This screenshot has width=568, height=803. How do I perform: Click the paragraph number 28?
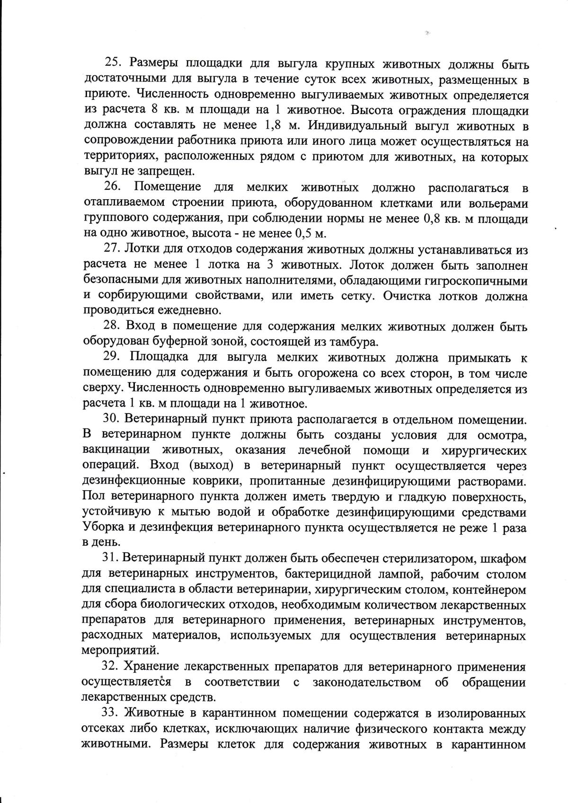tap(112, 326)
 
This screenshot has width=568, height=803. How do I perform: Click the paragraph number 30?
tap(113, 419)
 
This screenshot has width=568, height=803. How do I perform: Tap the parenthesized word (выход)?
tap(211, 466)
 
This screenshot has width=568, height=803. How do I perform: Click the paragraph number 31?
tap(112, 559)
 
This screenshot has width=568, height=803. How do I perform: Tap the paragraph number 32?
tap(111, 667)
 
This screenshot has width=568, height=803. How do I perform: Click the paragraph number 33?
tap(111, 713)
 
